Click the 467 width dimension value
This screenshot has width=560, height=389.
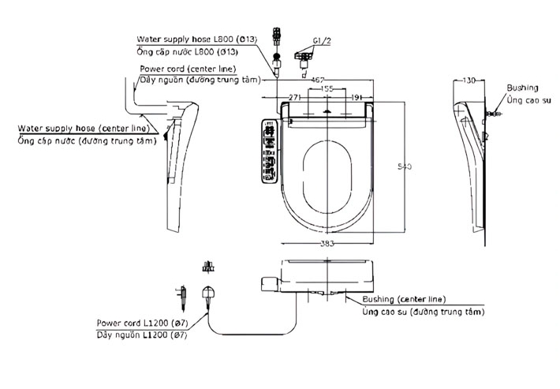pyautogui.click(x=319, y=80)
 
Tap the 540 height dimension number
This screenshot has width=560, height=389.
pyautogui.click(x=403, y=166)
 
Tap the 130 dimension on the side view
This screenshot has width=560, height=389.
pyautogui.click(x=470, y=80)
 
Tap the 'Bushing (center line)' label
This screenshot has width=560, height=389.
pyautogui.click(x=404, y=300)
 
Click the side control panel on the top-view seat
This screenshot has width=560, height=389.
pyautogui.click(x=268, y=150)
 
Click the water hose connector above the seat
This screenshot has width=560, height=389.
pyautogui.click(x=277, y=47)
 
